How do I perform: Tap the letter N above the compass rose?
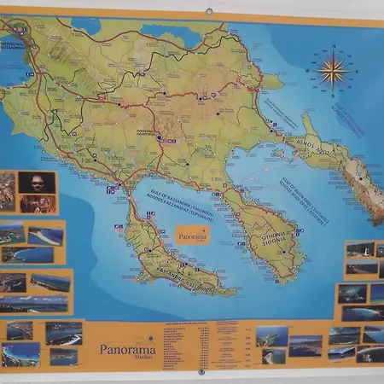point(334,46)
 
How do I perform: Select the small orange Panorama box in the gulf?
point(192,234)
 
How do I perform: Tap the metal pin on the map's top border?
point(208,12)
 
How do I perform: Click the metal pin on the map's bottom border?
point(201,372)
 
